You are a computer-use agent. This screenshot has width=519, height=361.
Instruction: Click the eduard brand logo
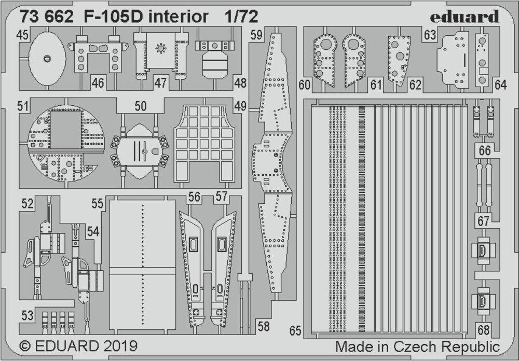pos(465,17)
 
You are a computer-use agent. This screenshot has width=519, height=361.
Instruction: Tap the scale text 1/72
pos(242,17)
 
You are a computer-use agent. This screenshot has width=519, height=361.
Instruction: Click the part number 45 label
pos(22,35)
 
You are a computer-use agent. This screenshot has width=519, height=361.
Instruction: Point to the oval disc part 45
pos(47,57)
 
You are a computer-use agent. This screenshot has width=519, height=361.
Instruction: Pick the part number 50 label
pos(140,107)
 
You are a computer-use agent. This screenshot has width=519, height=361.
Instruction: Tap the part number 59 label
pos(256,35)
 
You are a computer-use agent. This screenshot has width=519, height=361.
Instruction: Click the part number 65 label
pos(296,331)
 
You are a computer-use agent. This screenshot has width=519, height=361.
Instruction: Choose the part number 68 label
pos(484,330)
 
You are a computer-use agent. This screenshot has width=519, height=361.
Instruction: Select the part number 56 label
pos(195,197)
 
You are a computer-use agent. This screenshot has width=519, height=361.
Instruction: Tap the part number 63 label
pos(430,35)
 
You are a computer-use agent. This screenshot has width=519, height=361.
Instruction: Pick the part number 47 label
pos(160,83)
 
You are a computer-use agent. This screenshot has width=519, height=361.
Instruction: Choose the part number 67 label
pos(484,221)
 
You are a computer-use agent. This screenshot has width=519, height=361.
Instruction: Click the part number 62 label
pos(415,85)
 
